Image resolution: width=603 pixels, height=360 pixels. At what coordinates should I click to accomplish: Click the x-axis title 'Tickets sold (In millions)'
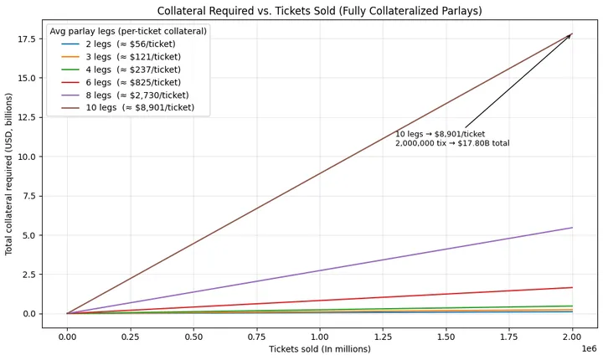coord(320,349)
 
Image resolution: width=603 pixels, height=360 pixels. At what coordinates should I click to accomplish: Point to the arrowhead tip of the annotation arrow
coord(572,33)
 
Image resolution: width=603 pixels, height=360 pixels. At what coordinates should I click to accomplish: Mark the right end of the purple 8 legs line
coord(572,228)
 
